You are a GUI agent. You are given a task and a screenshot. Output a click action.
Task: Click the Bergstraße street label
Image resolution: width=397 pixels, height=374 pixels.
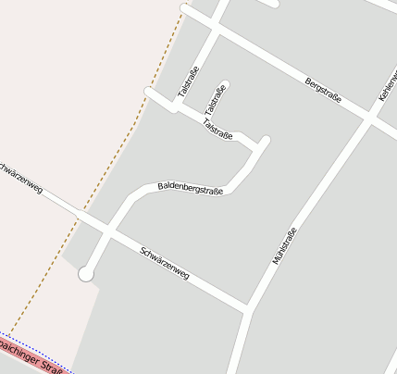point(324,90)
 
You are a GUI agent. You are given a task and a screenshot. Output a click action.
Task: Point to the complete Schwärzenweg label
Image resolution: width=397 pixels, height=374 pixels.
point(165,263)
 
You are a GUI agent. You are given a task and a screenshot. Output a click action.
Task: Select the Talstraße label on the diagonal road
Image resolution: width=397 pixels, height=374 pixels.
point(217,129)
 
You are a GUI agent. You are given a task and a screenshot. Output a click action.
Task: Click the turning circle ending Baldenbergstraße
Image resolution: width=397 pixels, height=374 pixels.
point(86,273)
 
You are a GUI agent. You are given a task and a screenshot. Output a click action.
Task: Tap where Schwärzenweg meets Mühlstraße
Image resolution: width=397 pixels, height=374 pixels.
point(247,307)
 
